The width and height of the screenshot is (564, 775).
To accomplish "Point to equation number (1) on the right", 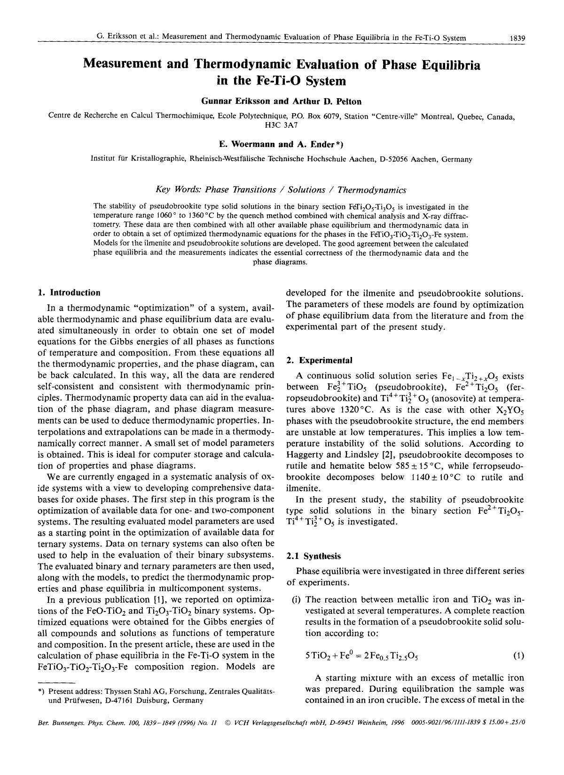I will (518, 656).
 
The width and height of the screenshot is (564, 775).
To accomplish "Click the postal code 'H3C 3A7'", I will (282, 125).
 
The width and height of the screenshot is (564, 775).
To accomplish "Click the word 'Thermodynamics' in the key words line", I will (372, 190).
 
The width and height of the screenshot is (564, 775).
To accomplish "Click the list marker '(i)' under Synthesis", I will (298, 600).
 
